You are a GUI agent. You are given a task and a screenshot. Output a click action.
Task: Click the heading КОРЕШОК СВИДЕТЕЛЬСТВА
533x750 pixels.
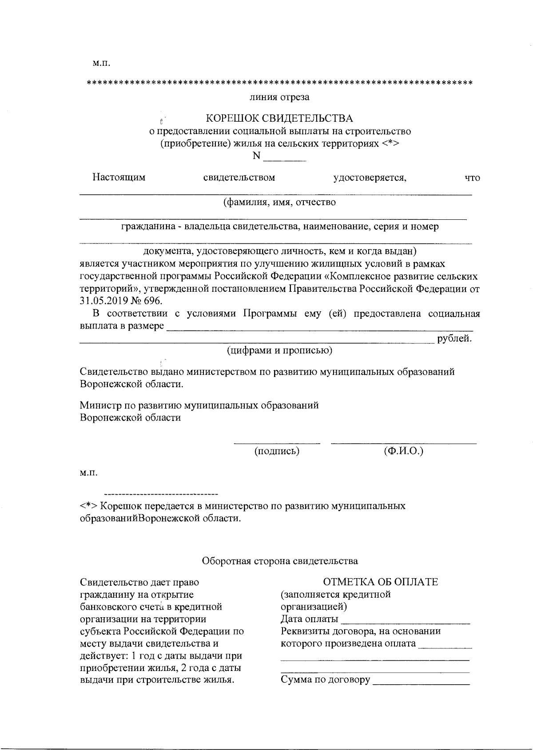(x=279, y=119)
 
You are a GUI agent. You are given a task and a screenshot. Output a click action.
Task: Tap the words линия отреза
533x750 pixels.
(x=279, y=97)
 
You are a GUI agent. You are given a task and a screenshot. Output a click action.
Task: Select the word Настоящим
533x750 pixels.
(x=119, y=178)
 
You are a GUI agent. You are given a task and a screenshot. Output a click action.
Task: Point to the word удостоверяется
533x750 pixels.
(x=370, y=178)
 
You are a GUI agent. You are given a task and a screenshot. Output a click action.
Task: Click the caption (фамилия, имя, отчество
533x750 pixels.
(x=279, y=202)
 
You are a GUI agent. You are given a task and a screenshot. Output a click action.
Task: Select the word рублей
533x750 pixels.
(x=454, y=339)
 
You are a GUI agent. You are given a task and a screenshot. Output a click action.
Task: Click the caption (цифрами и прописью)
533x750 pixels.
(x=280, y=351)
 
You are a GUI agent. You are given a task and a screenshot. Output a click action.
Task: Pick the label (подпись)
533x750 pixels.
(x=277, y=452)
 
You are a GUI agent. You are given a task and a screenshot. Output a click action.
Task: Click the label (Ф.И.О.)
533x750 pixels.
(x=403, y=452)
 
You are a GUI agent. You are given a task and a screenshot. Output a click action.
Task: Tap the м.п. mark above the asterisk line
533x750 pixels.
(x=101, y=63)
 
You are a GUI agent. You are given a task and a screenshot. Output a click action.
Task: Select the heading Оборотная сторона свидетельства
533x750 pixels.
(x=280, y=561)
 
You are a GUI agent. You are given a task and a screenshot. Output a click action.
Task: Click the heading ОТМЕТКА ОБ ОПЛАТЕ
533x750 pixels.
(x=381, y=582)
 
